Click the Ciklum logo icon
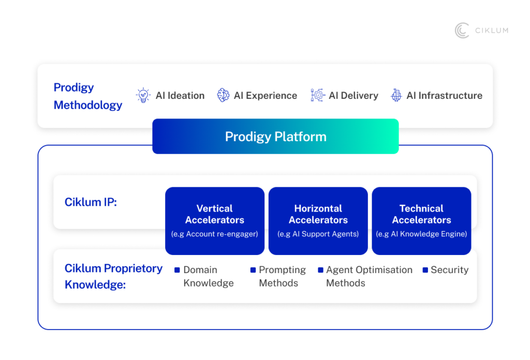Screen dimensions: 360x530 tap(462, 31)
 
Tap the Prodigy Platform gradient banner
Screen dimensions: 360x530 tap(275, 137)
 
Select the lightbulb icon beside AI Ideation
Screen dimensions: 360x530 tap(143, 95)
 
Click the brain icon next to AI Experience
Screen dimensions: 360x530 tap(223, 95)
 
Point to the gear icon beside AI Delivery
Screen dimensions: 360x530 tap(317, 95)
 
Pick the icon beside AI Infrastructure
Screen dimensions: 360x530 tap(396, 95)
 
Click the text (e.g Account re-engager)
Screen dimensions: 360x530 tap(215, 234)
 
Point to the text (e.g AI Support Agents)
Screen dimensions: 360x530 tap(318, 234)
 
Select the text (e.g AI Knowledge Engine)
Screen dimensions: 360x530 tap(421, 234)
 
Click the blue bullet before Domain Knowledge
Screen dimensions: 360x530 tap(177, 270)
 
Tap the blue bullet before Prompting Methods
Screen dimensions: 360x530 tap(253, 270)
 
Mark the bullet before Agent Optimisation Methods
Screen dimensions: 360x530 tap(320, 270)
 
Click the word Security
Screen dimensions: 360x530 tap(449, 270)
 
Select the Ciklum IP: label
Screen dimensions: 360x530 tap(91, 202)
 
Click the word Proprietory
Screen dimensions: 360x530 tap(134, 268)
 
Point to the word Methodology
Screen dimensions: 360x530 tap(88, 105)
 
